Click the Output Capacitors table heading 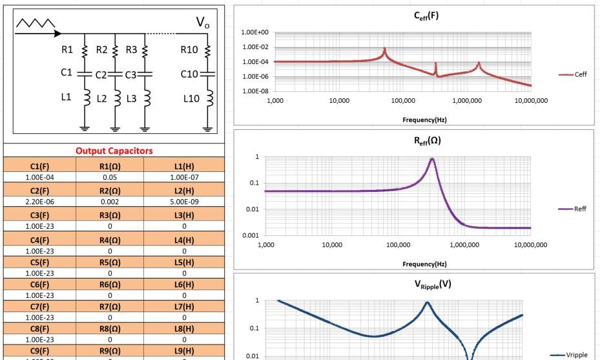[x=114, y=151]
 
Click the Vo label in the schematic [x=203, y=24]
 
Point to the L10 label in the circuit [x=191, y=99]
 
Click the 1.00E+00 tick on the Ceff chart [x=250, y=32]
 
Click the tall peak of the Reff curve [x=431, y=159]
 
